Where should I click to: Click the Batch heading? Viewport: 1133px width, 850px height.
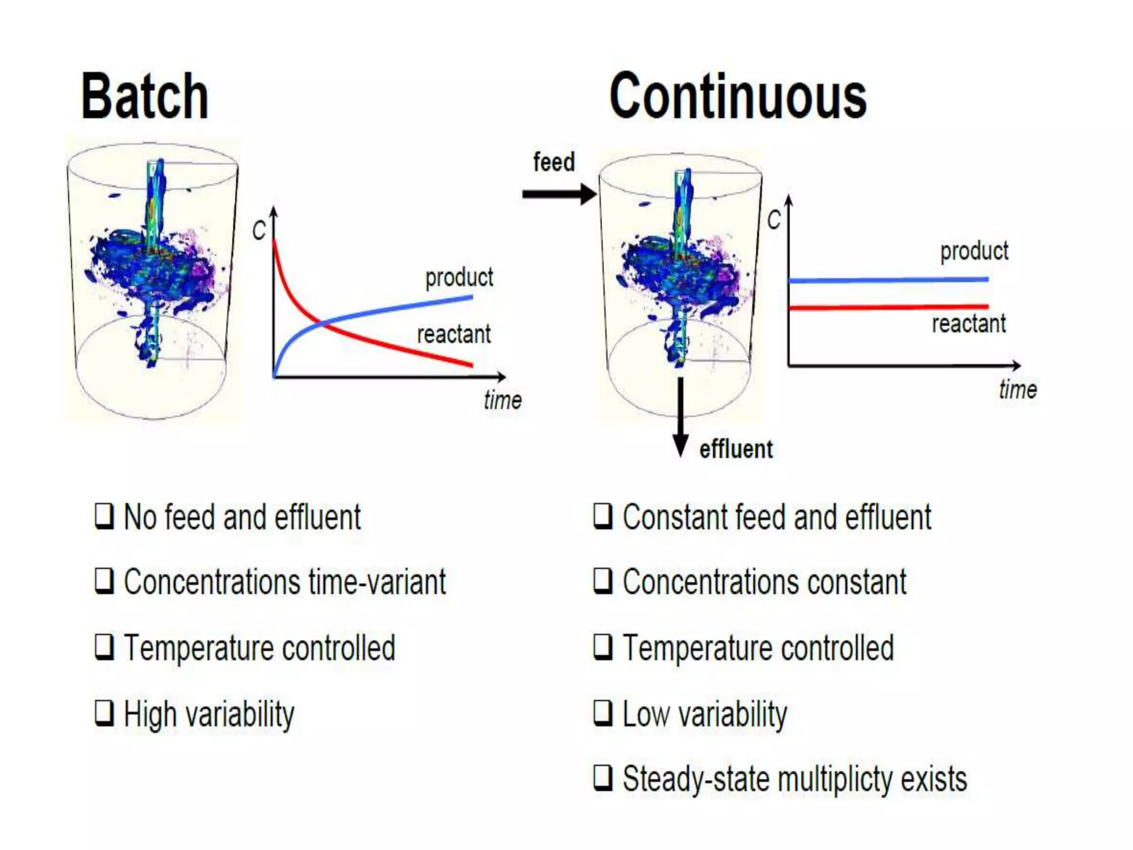145,96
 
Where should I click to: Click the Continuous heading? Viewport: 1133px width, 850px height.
737,96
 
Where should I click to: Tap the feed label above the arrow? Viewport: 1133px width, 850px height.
554,162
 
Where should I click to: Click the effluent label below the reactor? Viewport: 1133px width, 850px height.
736,449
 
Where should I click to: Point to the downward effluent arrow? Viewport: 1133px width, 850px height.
680,415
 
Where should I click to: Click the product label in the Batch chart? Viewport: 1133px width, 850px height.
459,277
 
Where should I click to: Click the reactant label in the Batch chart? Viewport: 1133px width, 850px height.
454,334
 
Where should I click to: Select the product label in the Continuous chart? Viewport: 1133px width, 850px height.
974,251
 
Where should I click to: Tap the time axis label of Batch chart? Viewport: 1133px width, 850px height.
502,400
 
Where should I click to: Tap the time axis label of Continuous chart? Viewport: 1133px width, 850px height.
1017,390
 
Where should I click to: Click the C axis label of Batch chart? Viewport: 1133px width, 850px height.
259,230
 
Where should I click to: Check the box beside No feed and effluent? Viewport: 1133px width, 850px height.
105,516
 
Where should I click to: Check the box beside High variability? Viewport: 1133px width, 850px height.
105,713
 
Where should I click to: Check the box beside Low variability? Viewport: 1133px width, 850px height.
603,713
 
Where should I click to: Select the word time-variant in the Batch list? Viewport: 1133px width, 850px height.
377,582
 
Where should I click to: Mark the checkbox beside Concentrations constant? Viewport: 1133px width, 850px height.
603,581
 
